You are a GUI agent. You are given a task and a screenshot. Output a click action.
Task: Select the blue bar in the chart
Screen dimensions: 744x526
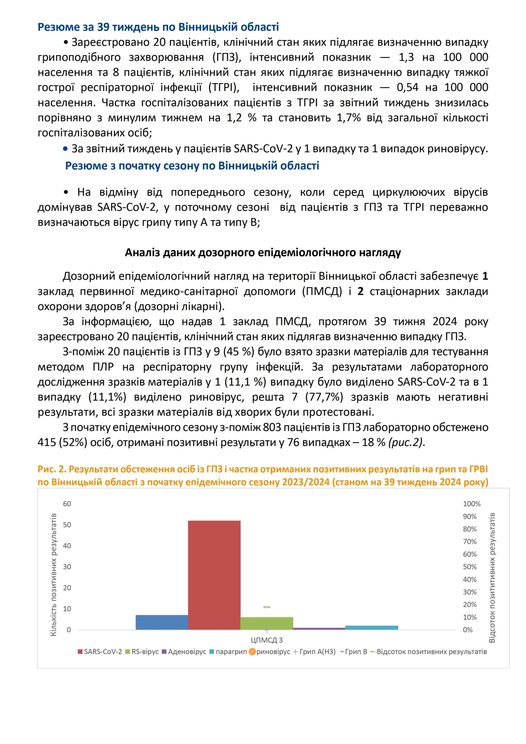pyautogui.click(x=161, y=622)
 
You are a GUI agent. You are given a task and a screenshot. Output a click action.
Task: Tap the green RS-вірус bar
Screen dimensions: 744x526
pyautogui.click(x=267, y=623)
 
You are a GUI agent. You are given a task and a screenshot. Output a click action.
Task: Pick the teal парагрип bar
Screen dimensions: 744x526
pyautogui.click(x=371, y=628)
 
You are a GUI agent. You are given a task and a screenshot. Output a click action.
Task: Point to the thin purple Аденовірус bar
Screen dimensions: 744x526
pyautogui.click(x=319, y=629)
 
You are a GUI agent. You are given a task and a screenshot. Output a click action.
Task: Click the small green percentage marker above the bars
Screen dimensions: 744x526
pyautogui.click(x=267, y=607)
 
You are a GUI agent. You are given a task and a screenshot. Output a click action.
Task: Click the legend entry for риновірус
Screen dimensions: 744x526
pyautogui.click(x=270, y=652)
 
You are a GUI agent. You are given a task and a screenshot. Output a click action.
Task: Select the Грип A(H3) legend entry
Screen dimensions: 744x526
pyautogui.click(x=314, y=652)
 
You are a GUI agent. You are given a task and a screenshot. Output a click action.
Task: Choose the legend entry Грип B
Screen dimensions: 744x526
pyautogui.click(x=354, y=652)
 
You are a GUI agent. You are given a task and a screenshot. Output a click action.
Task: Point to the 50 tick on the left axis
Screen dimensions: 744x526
pyautogui.click(x=67, y=525)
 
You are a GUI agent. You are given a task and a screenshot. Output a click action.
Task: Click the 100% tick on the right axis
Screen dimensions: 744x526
pyautogui.click(x=472, y=504)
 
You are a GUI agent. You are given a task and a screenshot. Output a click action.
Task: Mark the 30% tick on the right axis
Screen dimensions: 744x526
pyautogui.click(x=470, y=592)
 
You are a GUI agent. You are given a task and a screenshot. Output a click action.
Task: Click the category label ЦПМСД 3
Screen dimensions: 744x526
pyautogui.click(x=267, y=640)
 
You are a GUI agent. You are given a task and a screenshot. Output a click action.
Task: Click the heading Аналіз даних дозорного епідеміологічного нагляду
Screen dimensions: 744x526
pyautogui.click(x=263, y=253)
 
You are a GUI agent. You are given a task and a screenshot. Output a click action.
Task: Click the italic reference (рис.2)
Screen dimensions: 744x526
pyautogui.click(x=405, y=442)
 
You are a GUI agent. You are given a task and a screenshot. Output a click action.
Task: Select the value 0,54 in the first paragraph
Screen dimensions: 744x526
pyautogui.click(x=407, y=87)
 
